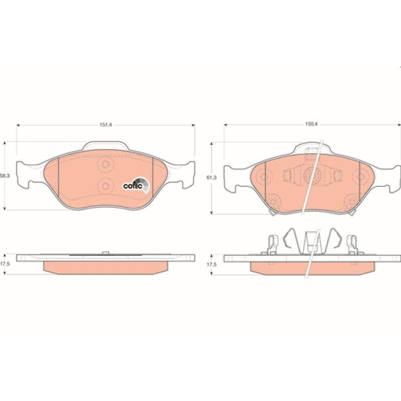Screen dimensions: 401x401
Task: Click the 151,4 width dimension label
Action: [105, 124]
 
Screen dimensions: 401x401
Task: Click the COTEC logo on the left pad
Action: [133, 184]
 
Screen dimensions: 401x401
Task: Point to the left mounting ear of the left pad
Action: [25, 172]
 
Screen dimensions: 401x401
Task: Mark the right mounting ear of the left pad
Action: [184, 171]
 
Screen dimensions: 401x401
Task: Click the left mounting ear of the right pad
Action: [233, 176]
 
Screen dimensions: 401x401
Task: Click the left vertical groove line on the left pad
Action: [61, 180]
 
